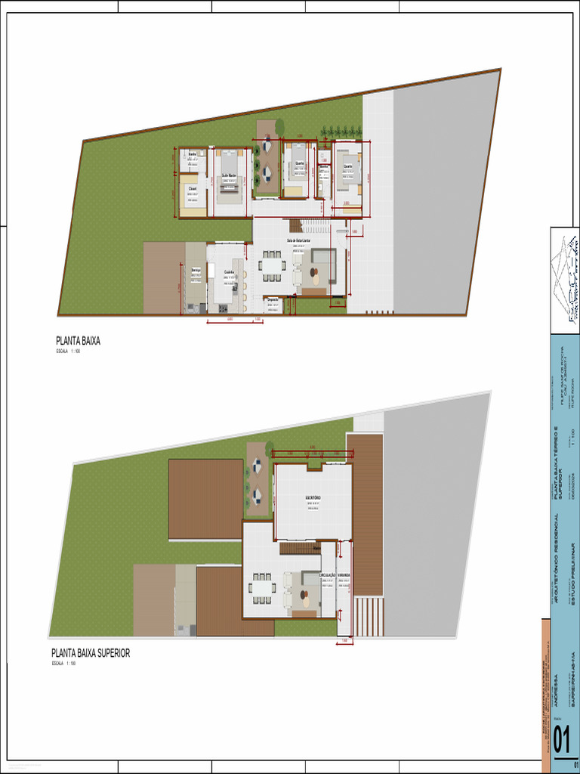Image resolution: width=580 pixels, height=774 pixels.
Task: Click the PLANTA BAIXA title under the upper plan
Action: pos(78,341)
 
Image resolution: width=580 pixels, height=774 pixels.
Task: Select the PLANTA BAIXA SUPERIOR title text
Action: pos(91,653)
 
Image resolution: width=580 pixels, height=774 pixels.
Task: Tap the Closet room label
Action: pos(193,188)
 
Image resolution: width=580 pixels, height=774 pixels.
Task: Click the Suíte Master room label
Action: pos(230,176)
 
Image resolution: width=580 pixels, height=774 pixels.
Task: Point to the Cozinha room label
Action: pos(229,272)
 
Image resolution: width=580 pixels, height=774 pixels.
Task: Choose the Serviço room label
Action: pos(196,270)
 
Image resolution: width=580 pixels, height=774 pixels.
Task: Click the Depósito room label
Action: pos(273,299)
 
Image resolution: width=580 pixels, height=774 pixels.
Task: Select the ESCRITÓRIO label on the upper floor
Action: pos(313,497)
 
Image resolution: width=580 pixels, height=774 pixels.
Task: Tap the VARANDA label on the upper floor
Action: pos(344,575)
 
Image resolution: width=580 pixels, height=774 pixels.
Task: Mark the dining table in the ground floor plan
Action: pos(271,266)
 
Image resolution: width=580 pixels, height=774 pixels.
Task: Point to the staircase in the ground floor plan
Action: pos(295,225)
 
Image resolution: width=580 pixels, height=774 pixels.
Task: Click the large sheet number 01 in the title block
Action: pos(561,740)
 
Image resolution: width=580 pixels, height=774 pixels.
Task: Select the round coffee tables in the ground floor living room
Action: pos(314,277)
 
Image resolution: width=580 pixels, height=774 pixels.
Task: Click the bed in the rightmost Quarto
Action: pos(349,177)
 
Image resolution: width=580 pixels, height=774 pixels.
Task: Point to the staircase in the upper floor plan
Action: pos(298,547)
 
